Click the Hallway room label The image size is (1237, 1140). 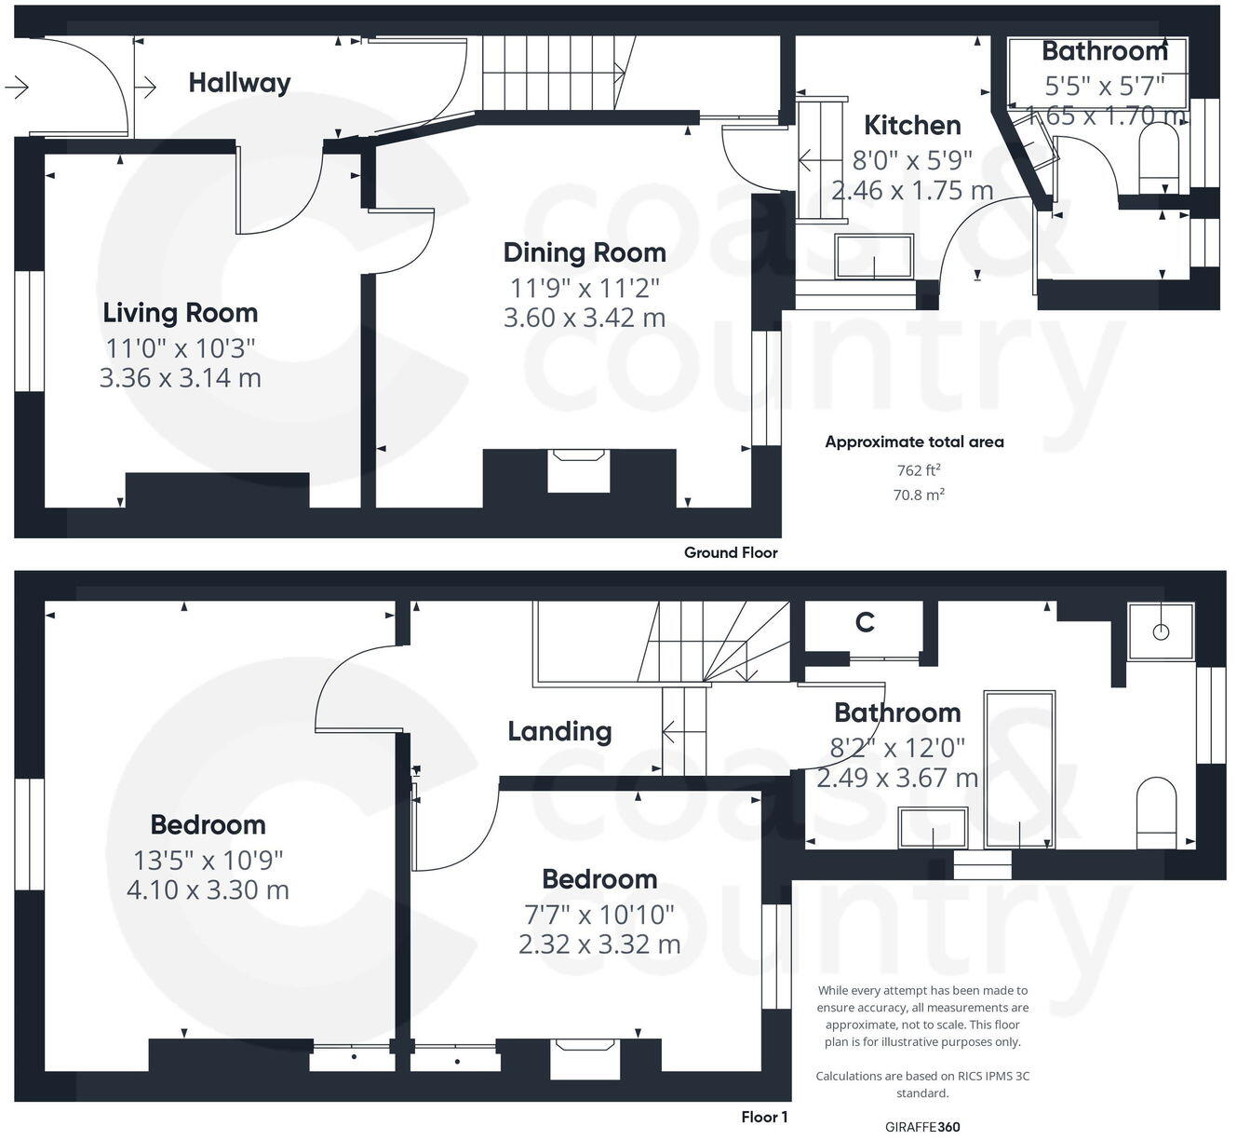[239, 83]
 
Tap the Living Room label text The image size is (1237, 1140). [180, 313]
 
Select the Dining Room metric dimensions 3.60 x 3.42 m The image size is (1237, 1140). [584, 318]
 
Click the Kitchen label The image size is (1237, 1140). [911, 126]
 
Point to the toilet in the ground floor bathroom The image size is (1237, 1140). [1159, 153]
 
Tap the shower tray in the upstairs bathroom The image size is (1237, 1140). [1160, 631]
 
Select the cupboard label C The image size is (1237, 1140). [865, 622]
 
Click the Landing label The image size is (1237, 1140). [559, 732]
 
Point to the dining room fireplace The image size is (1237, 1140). [578, 469]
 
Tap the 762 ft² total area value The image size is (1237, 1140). [918, 470]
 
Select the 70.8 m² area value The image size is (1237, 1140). [919, 495]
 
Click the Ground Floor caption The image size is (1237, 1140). [731, 552]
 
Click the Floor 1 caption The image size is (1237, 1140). [764, 1117]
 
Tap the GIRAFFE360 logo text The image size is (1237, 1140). [922, 1127]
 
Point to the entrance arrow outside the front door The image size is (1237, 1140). [16, 88]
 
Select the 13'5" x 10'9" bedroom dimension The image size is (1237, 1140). [208, 859]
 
